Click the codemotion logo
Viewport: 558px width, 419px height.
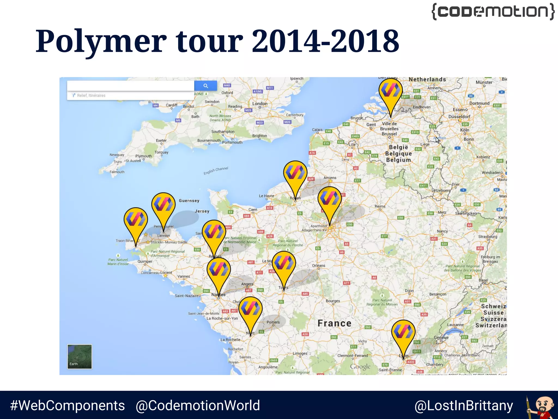tap(493, 11)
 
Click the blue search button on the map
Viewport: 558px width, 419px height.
tap(206, 86)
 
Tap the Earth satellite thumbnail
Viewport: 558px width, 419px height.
tap(80, 357)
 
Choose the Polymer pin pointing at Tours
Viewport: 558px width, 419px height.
tap(284, 264)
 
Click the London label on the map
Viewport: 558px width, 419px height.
tap(260, 104)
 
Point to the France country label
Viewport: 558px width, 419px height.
tap(334, 323)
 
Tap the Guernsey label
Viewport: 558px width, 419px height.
tap(189, 201)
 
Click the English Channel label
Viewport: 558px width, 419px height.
tap(216, 170)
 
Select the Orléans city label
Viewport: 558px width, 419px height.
tap(319, 265)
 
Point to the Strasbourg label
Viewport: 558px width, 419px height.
tap(488, 237)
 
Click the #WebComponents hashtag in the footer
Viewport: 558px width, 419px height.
tap(67, 405)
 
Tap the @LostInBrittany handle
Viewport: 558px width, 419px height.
tap(464, 406)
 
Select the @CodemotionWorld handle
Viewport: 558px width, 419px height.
tap(198, 405)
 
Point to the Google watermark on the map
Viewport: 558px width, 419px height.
tap(360, 366)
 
